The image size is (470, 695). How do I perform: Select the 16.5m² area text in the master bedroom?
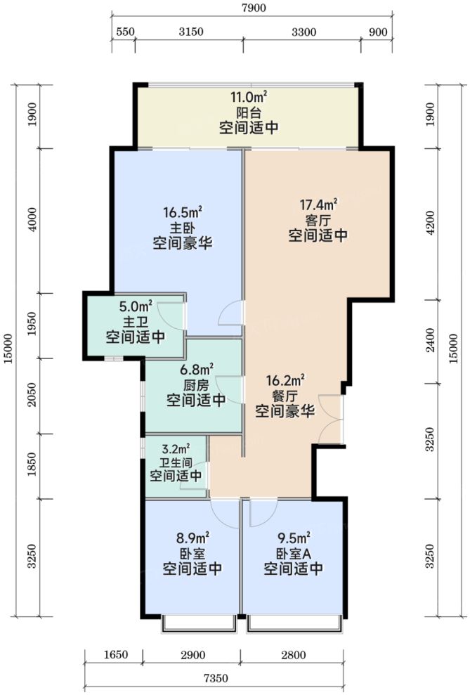coord(182,212)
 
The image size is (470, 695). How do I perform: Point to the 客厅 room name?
coord(318,220)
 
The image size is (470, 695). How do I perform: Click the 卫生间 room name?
coord(176,462)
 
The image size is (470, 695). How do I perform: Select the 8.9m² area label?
coord(192,538)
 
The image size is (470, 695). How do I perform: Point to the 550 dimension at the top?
coord(124,32)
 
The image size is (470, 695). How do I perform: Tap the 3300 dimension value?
coord(303,32)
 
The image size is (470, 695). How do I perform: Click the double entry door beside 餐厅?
coord(330,420)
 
